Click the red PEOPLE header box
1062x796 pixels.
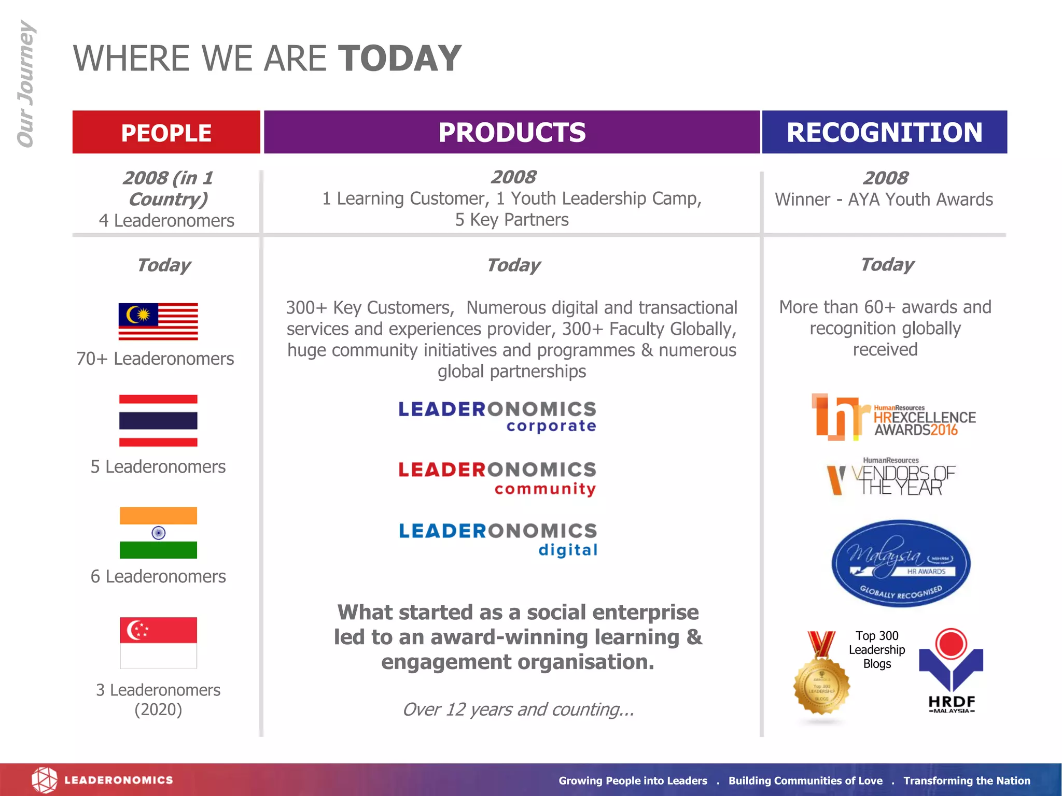tap(166, 132)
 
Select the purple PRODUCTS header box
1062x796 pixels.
tap(512, 132)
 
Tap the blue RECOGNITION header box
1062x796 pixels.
tap(884, 132)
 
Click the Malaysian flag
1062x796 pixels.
tap(158, 321)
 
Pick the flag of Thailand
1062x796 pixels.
tap(158, 420)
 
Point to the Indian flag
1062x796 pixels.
tap(158, 532)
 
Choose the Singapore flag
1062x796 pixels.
tap(158, 643)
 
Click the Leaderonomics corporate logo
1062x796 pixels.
tap(497, 416)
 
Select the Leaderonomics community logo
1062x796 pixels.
tap(497, 478)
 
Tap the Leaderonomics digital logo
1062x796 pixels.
tap(498, 539)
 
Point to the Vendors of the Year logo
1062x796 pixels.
tap(891, 477)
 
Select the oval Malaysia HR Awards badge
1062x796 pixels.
tap(901, 563)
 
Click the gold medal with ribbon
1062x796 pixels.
tap(821, 679)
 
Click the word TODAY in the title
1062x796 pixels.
tap(399, 58)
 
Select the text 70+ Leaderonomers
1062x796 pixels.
tap(155, 359)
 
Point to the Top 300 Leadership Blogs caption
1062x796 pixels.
tap(877, 649)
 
